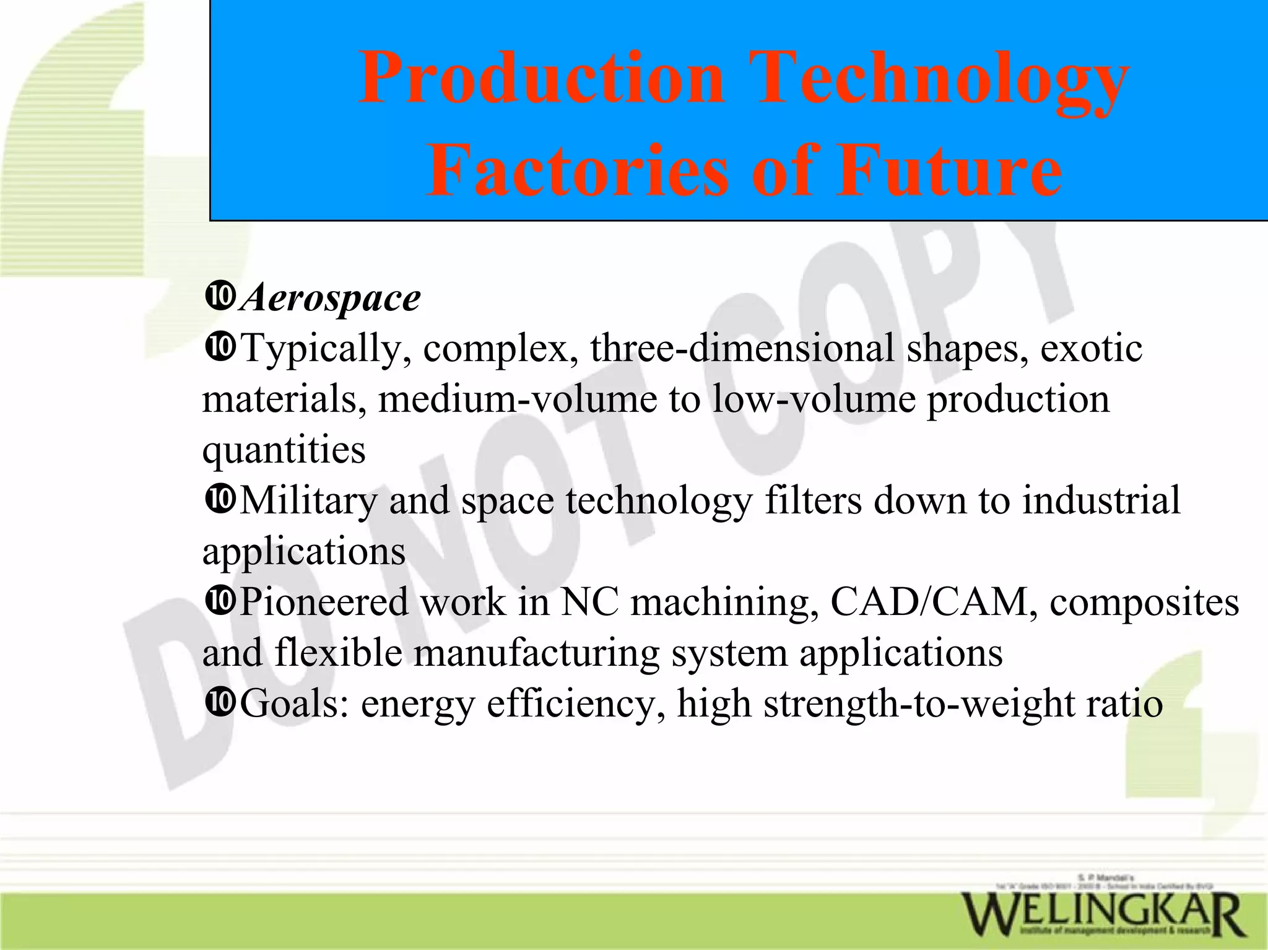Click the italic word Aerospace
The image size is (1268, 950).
pyautogui.click(x=331, y=299)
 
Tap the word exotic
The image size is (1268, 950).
pyautogui.click(x=1091, y=348)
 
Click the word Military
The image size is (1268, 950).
pyautogui.click(x=308, y=500)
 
